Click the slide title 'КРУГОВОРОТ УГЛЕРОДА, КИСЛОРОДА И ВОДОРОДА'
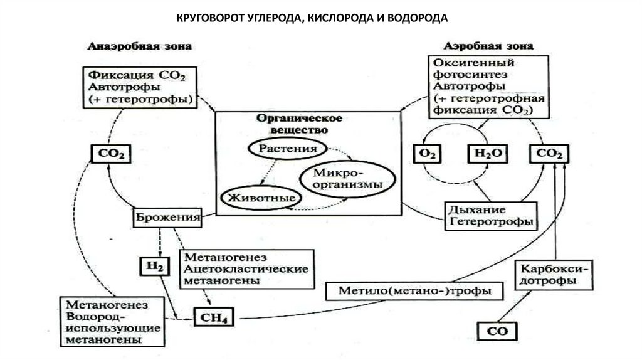pyautogui.click(x=311, y=18)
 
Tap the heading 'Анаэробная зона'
pyautogui.click(x=140, y=47)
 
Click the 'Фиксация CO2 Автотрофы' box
pyautogui.click(x=139, y=85)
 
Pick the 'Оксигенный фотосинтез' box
pyautogui.click(x=481, y=87)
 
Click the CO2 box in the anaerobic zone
pyautogui.click(x=111, y=153)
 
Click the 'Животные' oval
pyautogui.click(x=258, y=196)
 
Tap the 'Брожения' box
pyautogui.click(x=167, y=218)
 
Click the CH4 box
pyautogui.click(x=214, y=317)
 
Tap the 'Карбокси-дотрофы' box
pyautogui.click(x=554, y=275)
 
